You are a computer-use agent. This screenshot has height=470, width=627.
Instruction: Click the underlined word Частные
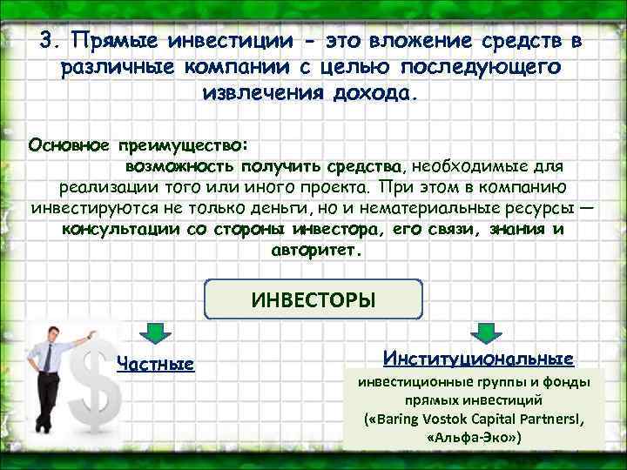click(x=155, y=363)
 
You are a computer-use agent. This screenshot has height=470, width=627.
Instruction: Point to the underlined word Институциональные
click(x=477, y=358)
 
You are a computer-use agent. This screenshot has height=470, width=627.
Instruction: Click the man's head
click(x=54, y=331)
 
